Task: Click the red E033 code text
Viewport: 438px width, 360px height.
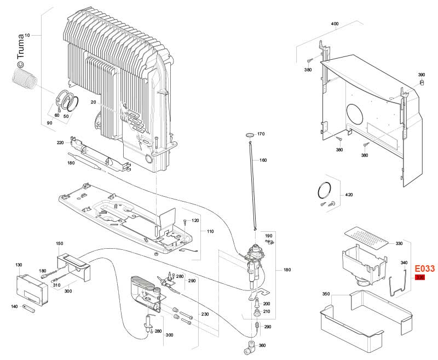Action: (424, 269)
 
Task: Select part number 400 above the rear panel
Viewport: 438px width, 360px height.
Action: (335, 25)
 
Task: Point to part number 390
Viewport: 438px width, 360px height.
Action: (421, 75)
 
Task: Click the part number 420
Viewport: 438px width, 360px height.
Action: (349, 195)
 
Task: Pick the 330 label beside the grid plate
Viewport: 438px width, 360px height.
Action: (399, 243)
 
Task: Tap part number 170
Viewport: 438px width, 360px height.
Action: (261, 134)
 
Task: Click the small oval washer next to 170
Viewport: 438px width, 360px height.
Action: (249, 134)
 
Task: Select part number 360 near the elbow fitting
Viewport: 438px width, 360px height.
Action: (262, 346)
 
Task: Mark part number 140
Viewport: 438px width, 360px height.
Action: (14, 306)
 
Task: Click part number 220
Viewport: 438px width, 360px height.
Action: (60, 143)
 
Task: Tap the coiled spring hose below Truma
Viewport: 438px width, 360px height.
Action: (24, 79)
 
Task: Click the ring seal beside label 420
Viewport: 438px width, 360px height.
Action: (325, 190)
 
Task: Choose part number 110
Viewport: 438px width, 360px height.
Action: (210, 232)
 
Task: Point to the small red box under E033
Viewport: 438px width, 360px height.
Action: (420, 278)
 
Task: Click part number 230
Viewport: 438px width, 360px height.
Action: (205, 315)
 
